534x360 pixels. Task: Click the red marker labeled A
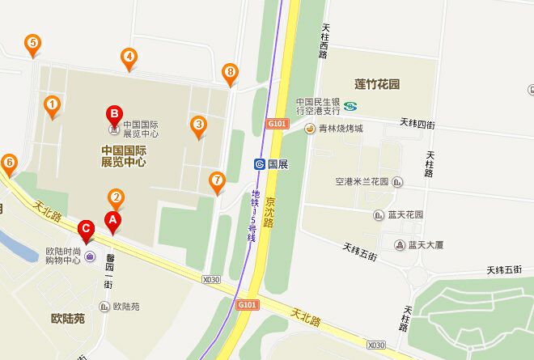(x=112, y=218)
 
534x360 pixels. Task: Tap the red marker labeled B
(x=115, y=115)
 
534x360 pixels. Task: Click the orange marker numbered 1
(x=52, y=104)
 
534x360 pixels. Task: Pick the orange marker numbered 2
(x=116, y=197)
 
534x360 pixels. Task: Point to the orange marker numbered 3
(x=197, y=125)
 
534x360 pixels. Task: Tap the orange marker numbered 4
(x=128, y=57)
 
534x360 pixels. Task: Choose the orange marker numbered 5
(x=32, y=44)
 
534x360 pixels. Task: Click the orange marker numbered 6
(x=9, y=163)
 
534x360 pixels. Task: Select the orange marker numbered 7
(x=216, y=180)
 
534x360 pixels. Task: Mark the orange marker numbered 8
(x=231, y=74)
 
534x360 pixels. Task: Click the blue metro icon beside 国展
(x=260, y=163)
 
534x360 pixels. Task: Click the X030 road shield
(x=210, y=280)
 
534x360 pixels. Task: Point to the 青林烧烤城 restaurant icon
(x=309, y=129)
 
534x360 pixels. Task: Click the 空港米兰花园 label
(x=362, y=181)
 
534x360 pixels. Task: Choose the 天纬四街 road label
(x=417, y=124)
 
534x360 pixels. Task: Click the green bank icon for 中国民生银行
(x=350, y=105)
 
